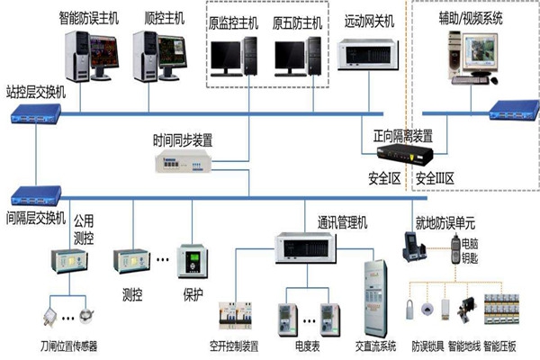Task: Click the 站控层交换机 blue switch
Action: [x=34, y=113]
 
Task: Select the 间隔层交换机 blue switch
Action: [x=34, y=192]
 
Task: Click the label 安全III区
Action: [x=435, y=178]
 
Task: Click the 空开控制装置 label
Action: [x=233, y=345]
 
